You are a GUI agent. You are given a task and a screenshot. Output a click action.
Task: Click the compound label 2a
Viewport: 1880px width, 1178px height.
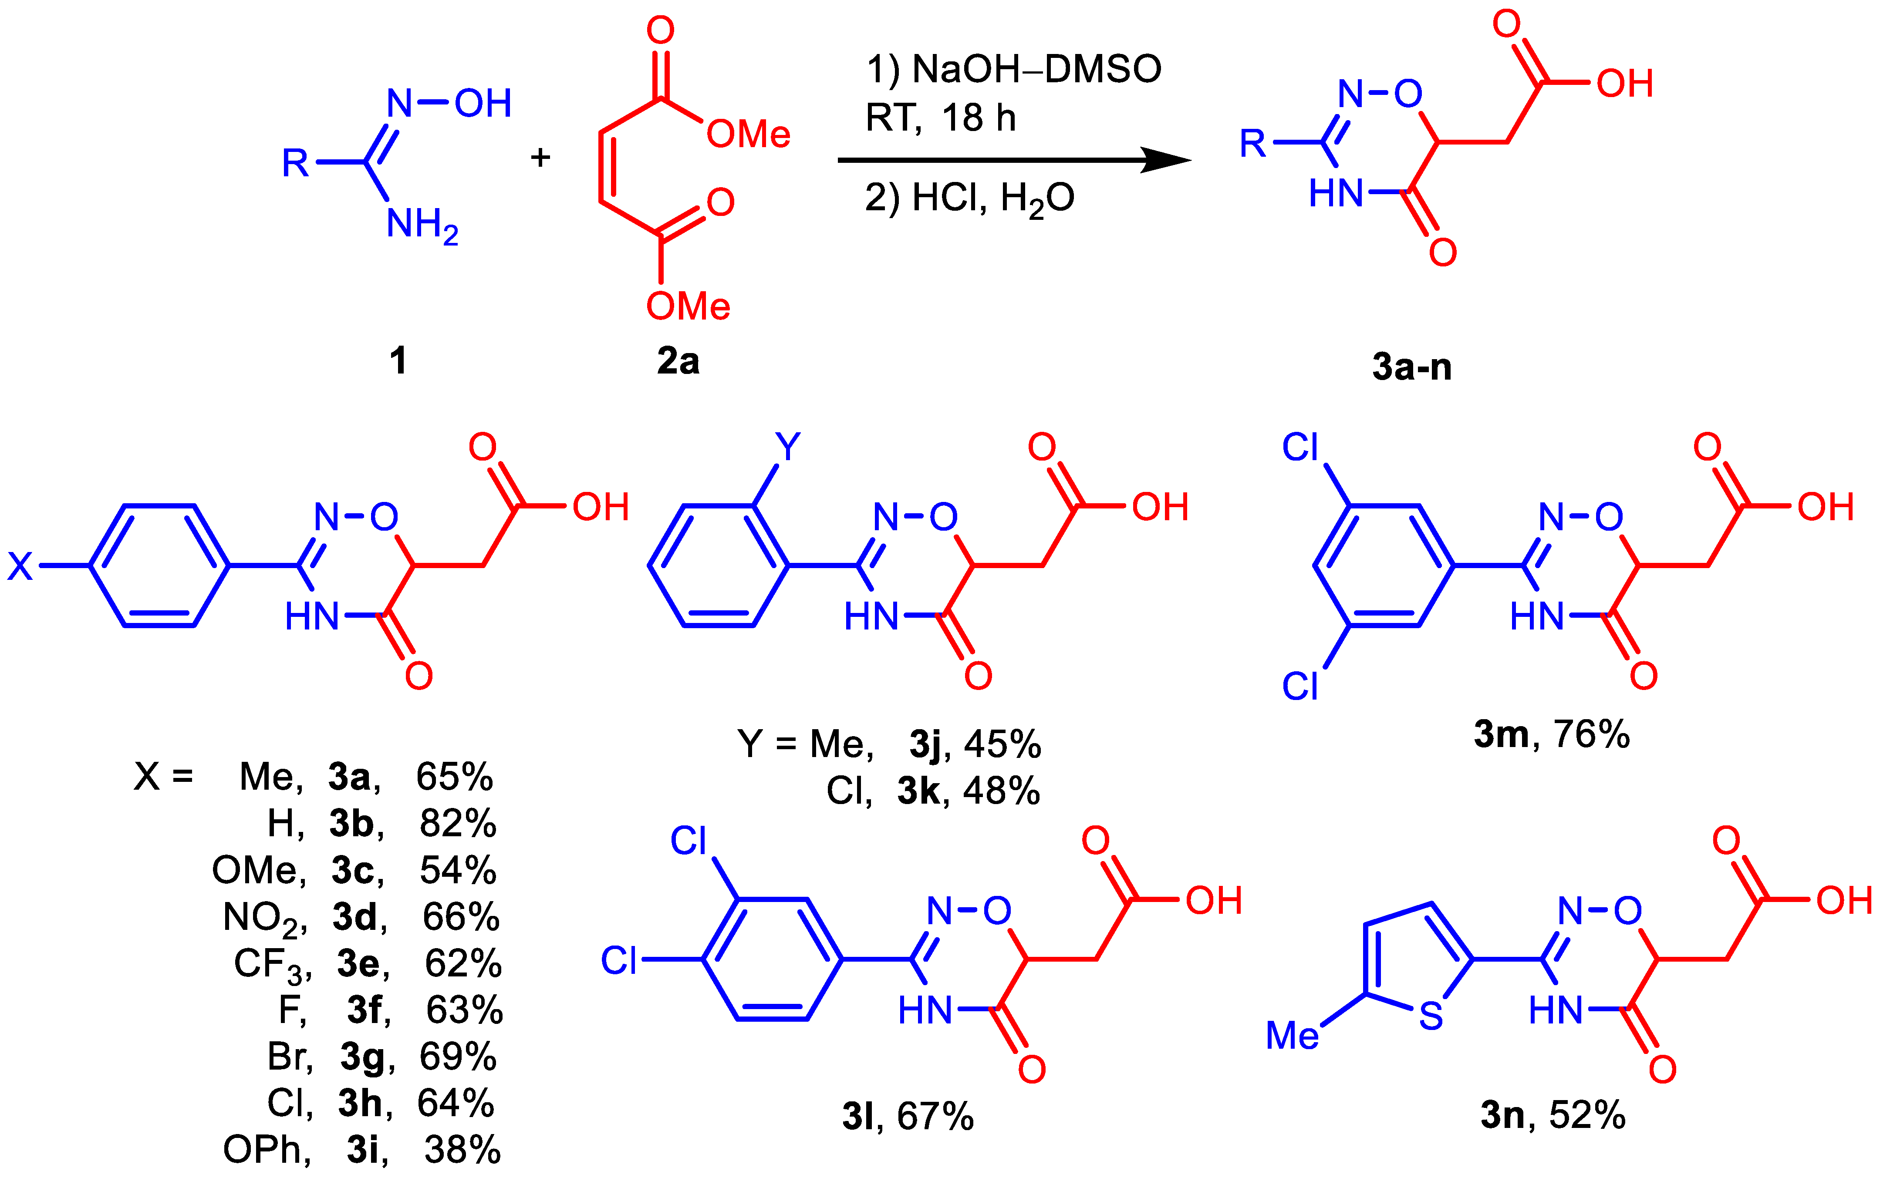677,361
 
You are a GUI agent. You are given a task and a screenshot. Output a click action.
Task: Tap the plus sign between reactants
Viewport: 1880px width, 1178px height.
540,158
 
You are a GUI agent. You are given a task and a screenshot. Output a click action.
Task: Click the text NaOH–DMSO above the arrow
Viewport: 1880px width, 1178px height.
1036,69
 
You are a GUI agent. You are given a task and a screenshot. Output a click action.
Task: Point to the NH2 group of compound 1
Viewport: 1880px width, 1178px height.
422,225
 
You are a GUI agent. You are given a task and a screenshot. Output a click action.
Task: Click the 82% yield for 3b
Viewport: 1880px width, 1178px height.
458,824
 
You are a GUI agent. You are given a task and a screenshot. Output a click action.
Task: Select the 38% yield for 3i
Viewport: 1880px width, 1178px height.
462,1150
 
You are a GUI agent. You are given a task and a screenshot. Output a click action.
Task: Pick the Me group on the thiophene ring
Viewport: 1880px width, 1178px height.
1292,1035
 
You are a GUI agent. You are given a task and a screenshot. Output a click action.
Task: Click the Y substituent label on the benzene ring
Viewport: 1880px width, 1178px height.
788,447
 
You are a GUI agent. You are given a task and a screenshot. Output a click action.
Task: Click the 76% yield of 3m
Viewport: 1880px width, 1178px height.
1592,734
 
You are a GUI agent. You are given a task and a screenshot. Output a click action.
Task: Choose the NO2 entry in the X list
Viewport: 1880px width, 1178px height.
261,918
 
